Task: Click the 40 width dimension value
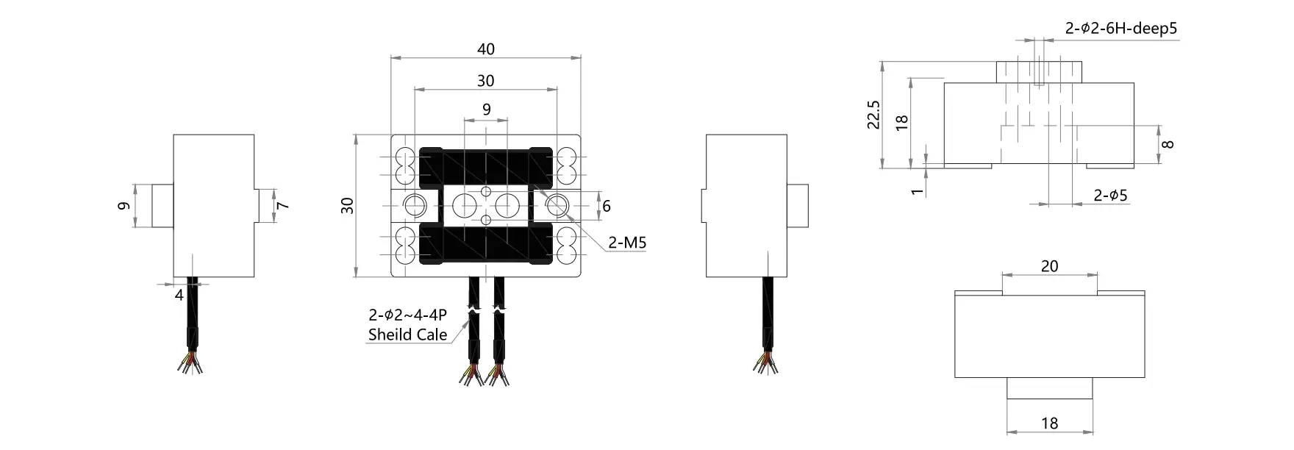point(486,49)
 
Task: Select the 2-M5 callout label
point(627,243)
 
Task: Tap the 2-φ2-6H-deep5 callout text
point(1121,29)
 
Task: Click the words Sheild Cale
point(407,335)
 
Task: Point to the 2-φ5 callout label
point(1110,196)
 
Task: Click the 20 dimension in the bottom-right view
point(1049,266)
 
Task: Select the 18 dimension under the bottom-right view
point(1049,424)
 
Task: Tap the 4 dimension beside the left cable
point(179,295)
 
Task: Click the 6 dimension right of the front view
point(607,207)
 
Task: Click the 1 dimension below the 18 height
point(916,191)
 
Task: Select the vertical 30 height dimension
point(348,206)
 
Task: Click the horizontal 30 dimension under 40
point(486,81)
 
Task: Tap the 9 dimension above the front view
point(486,110)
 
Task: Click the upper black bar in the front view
point(486,167)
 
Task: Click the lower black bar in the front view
point(486,245)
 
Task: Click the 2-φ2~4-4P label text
point(407,316)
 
